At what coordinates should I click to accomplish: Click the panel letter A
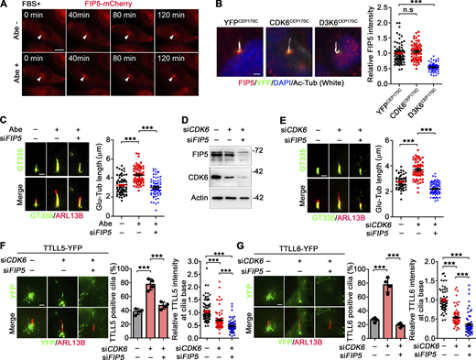coord(5,6)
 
